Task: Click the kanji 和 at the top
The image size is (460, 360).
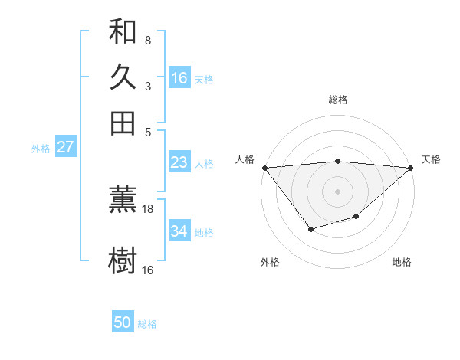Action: coord(123,31)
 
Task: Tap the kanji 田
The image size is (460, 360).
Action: coord(123,123)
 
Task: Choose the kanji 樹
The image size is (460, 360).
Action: coord(123,260)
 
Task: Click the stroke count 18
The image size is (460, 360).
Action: coord(148,208)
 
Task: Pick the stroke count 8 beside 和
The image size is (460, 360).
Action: coord(148,40)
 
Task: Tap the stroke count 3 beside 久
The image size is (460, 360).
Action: coord(148,86)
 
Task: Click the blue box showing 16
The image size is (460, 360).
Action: coord(179,78)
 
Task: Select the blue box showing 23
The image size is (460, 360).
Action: coord(179,162)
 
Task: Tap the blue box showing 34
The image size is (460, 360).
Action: coord(179,231)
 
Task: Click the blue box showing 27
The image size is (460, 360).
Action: coord(65,147)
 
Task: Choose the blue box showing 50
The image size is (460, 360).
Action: coord(123,322)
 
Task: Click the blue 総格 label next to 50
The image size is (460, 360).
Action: coord(147,324)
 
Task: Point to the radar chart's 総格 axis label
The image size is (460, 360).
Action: coord(337,100)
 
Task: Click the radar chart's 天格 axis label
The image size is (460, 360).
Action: coord(431,159)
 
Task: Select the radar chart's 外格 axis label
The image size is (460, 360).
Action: coord(270,262)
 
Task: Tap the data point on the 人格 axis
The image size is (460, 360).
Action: coord(264,168)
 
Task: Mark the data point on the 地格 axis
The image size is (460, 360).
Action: coord(356,218)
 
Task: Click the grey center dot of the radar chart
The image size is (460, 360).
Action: coord(337,191)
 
